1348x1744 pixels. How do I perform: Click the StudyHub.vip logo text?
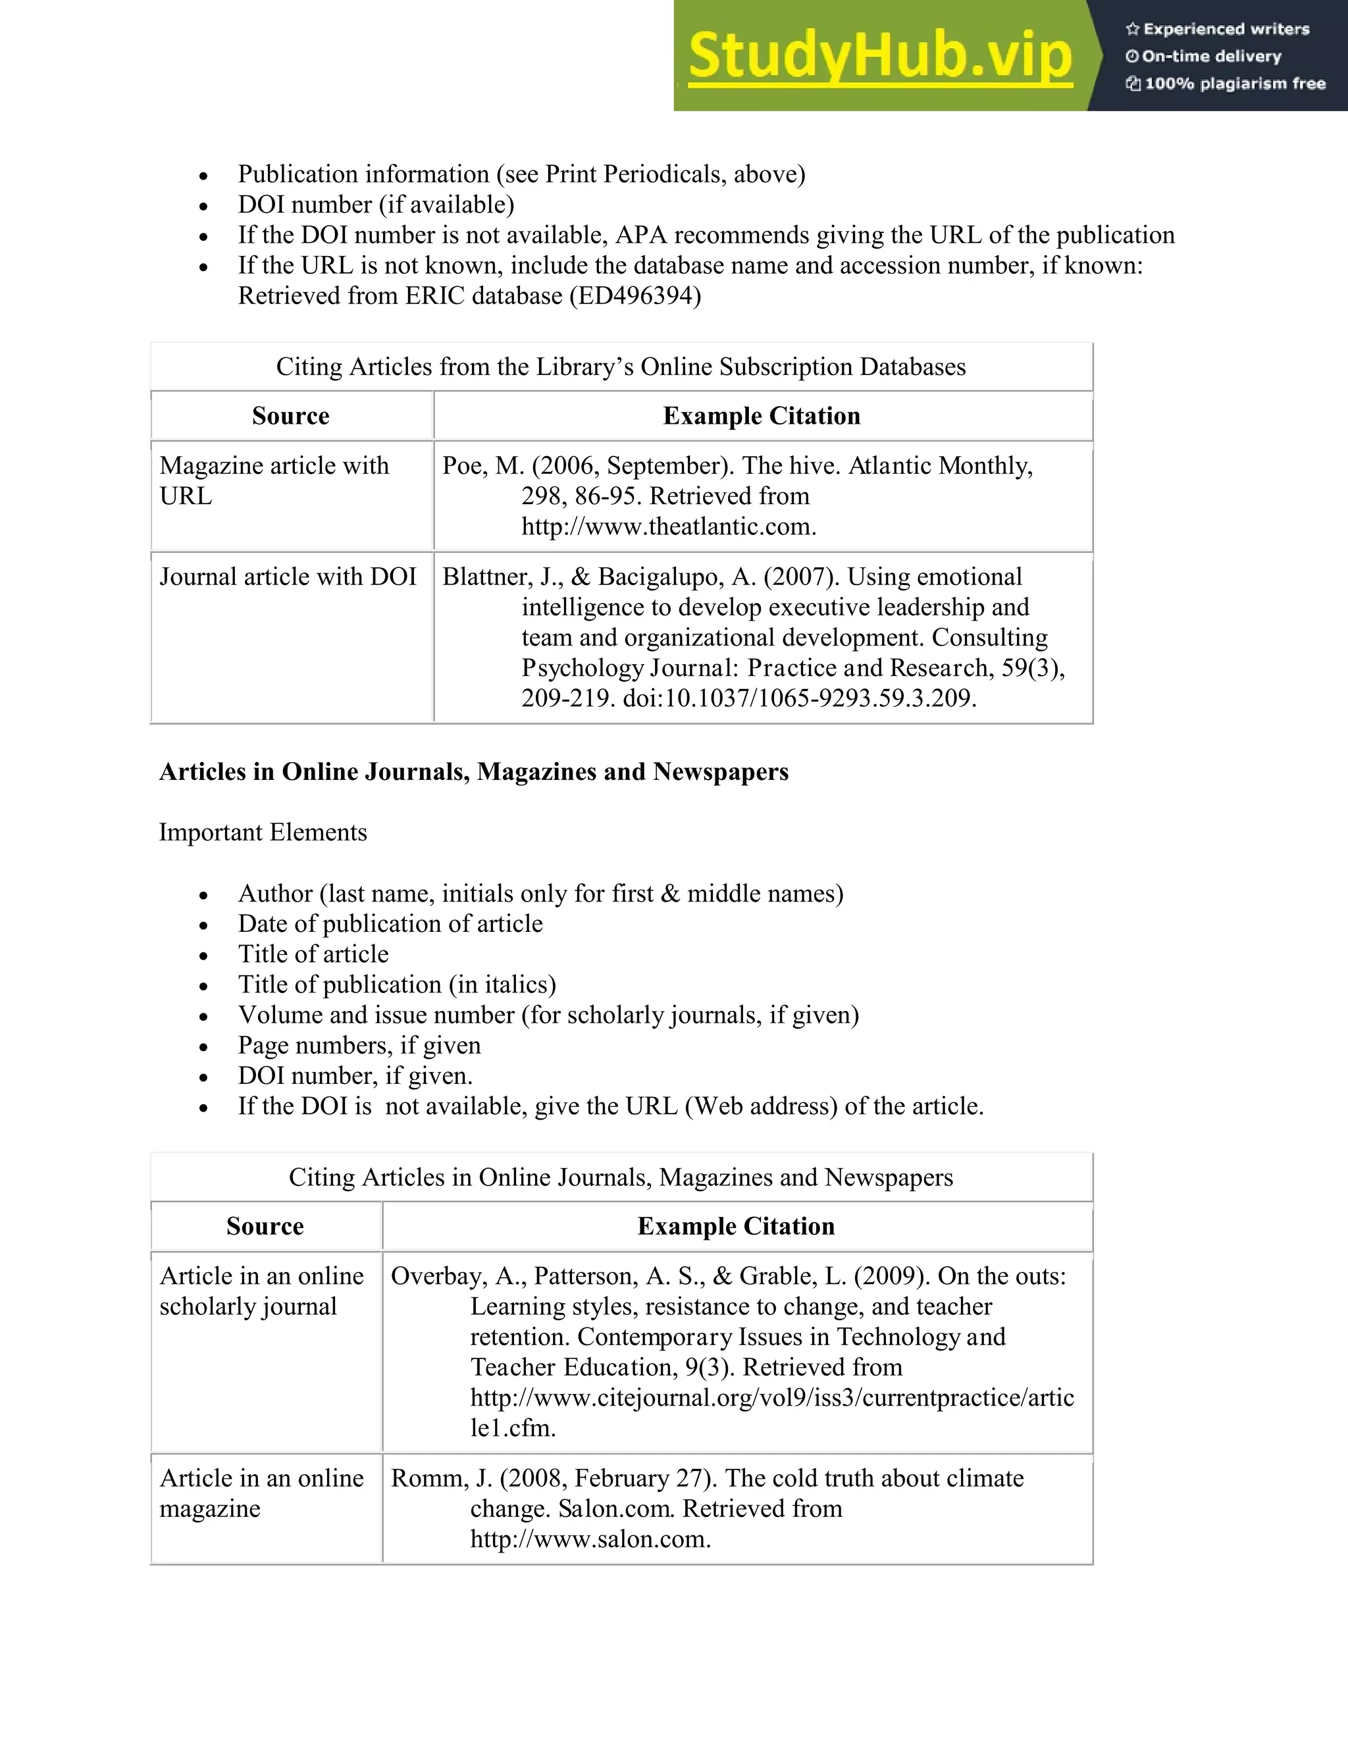coord(879,56)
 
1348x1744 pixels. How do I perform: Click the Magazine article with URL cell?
coord(274,480)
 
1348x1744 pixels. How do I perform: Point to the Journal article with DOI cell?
coord(288,577)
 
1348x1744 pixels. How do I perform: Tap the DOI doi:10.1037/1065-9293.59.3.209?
coord(798,699)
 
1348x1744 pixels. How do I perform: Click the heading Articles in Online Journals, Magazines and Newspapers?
coord(473,772)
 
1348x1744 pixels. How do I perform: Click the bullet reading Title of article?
coord(313,954)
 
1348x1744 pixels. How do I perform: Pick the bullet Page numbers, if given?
coord(359,1045)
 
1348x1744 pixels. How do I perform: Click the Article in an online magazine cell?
coord(261,1493)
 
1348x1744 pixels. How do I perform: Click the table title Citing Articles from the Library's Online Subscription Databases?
coord(621,367)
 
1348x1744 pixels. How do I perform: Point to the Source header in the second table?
coord(265,1227)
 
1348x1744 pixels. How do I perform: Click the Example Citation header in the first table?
coord(761,416)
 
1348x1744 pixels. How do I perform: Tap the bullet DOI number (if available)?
coord(375,205)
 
